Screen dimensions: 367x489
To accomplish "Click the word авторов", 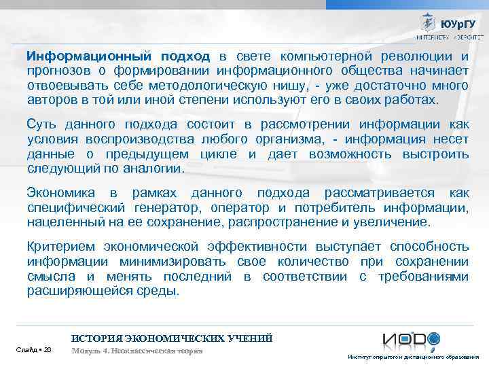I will [x=48, y=100].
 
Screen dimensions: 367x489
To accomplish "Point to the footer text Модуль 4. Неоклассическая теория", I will [x=137, y=350].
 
